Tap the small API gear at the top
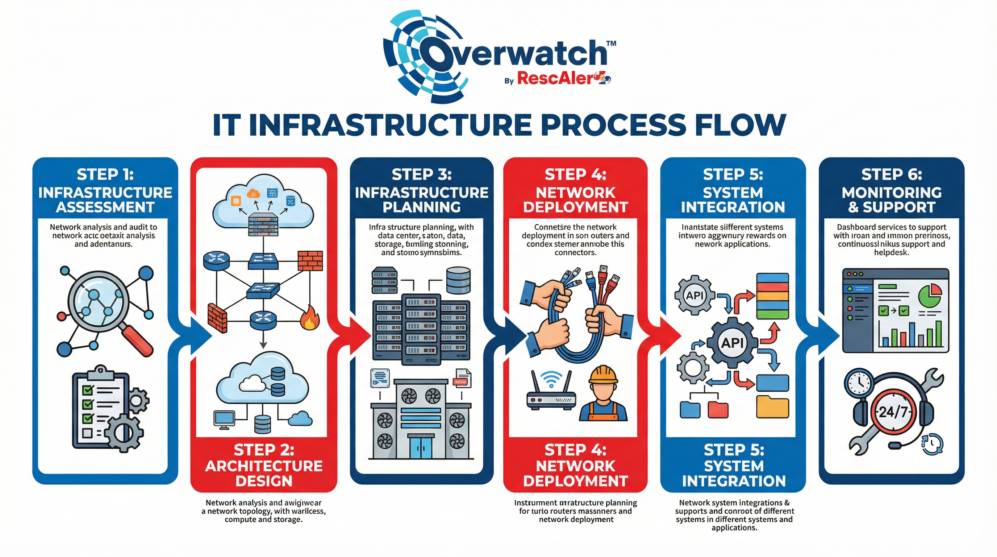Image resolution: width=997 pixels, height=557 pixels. (695, 296)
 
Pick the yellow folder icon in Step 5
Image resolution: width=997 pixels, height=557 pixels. (772, 407)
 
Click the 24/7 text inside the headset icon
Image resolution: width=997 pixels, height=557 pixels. (893, 411)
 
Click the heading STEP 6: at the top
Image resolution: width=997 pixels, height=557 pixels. (891, 175)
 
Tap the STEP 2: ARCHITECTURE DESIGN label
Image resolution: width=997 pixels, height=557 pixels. (264, 465)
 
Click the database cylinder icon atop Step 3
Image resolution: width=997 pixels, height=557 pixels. (458, 280)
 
